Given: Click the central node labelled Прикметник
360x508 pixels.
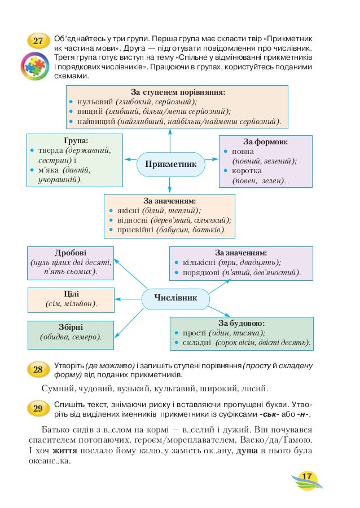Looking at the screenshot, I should coord(170,164).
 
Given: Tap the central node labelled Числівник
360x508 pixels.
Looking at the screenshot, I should coord(175,298).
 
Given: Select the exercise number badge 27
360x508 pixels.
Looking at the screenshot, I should coord(38,41).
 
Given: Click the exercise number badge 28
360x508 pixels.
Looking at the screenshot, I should coord(38,370).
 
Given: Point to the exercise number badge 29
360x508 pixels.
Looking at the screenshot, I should coord(38,409).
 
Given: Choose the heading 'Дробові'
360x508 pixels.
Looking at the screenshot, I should coord(71,252).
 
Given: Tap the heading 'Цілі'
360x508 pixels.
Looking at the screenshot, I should coord(71,294).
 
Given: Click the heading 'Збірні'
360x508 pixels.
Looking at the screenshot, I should coord(71,327).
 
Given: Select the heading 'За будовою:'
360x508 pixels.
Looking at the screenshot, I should coord(241,323).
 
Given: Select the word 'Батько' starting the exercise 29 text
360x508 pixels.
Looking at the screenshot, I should coord(58,429).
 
